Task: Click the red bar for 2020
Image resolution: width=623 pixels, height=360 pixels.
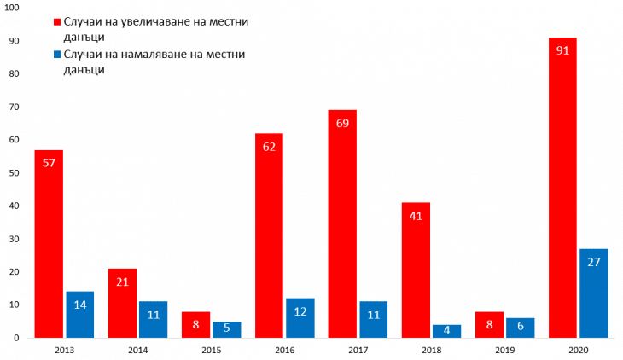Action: [x=562, y=188]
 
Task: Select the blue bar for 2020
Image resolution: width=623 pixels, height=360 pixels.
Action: [x=594, y=293]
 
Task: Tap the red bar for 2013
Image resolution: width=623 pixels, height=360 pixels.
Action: [x=49, y=244]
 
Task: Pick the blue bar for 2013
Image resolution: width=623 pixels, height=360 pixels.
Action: [x=80, y=315]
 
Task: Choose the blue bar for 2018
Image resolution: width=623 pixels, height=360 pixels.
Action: [x=447, y=331]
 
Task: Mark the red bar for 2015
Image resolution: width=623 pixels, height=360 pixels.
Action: [x=195, y=325]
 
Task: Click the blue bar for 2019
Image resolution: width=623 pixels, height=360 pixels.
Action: [x=521, y=328]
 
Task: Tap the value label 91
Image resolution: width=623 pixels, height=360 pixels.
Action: [x=562, y=49]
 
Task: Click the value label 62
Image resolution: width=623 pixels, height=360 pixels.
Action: [x=269, y=146]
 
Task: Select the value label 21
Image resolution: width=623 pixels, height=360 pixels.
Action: [x=122, y=282]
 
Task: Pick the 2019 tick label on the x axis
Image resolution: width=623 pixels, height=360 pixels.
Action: [x=505, y=350]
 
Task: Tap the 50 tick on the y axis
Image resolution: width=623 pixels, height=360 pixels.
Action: [x=15, y=173]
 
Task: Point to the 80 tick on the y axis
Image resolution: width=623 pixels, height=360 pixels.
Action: [x=15, y=74]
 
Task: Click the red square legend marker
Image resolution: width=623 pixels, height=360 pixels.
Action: [x=57, y=20]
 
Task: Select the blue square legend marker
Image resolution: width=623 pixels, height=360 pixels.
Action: [x=57, y=55]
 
